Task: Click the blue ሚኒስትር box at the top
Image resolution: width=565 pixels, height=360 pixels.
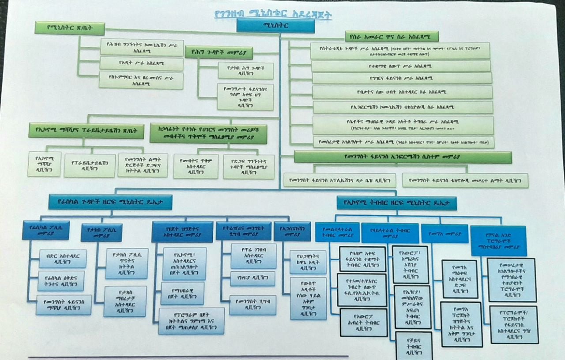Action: coord(275,26)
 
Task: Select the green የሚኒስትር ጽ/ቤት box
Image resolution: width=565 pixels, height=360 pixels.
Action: coord(69,28)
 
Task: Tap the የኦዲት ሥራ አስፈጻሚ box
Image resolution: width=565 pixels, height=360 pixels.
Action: coord(141,64)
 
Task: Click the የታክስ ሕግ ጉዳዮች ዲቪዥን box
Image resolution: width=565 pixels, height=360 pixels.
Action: coord(245,71)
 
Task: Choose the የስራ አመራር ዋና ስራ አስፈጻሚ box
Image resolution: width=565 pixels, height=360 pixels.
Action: coord(391,37)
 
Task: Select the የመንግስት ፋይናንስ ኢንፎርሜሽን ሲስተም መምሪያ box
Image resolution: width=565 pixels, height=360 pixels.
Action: coord(402,157)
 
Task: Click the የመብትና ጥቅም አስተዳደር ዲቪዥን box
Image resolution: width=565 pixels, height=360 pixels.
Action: coord(196,166)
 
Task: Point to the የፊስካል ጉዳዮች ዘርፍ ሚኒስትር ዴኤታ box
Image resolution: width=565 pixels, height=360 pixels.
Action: coord(110,202)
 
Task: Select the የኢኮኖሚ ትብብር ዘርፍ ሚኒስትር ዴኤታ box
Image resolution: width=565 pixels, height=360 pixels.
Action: coord(396,203)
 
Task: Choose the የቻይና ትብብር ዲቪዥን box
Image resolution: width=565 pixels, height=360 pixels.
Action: coord(414,346)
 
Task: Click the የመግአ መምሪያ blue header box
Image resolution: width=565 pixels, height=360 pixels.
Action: coord(444,233)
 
